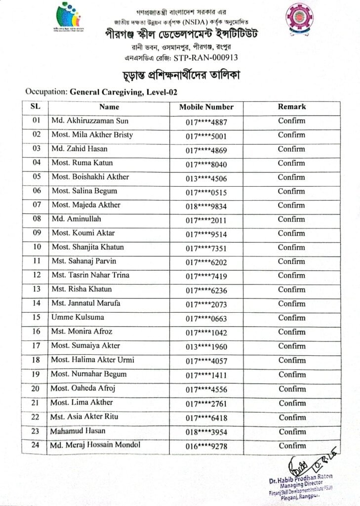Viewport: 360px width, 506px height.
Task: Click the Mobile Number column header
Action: click(206, 107)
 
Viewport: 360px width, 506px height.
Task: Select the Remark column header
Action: click(291, 106)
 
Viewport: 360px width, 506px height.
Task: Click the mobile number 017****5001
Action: click(206, 136)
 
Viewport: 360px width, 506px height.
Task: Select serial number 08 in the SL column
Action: click(36, 219)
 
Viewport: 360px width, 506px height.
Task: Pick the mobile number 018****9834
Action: click(206, 206)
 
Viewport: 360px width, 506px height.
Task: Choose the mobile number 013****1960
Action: click(206, 347)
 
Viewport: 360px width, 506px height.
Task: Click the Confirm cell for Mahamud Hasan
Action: click(291, 431)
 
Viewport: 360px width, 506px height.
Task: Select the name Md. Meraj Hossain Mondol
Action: click(95, 445)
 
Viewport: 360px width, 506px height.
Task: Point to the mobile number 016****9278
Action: click(206, 447)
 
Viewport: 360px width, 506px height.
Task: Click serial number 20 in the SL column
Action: click(36, 388)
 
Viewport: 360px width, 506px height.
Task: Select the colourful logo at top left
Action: click(69, 18)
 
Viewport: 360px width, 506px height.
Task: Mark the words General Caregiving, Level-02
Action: click(123, 91)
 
